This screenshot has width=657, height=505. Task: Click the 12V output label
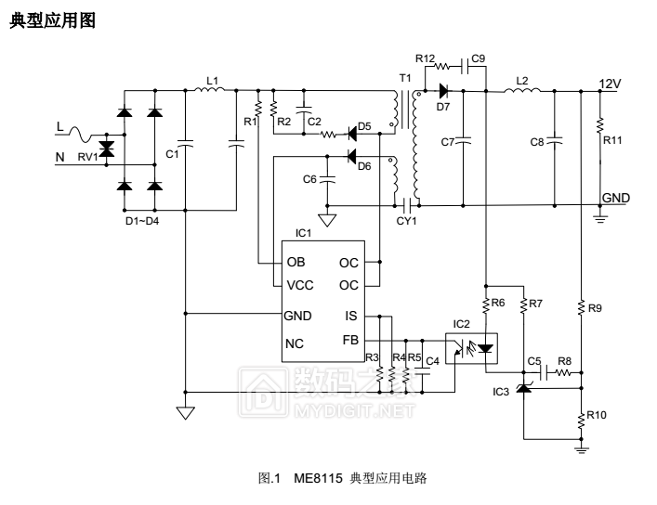[x=610, y=84]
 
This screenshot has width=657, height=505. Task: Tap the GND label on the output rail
[x=616, y=198]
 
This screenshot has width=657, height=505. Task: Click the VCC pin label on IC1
[x=302, y=285]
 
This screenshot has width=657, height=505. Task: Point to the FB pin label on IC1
[x=349, y=341]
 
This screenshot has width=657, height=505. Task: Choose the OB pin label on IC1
[x=296, y=262]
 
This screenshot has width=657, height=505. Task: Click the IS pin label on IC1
[x=350, y=316]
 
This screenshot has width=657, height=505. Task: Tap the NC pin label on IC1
[x=296, y=343]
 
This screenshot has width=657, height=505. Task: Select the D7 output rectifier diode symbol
[x=442, y=91]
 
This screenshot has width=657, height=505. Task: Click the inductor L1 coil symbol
[x=206, y=91]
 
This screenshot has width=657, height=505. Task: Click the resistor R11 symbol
[x=599, y=124]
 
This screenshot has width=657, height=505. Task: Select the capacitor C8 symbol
[x=555, y=141]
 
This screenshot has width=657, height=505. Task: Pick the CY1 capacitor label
[x=406, y=221]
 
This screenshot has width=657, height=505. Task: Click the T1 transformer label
[x=403, y=76]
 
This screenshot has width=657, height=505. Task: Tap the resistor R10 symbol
[x=581, y=417]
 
